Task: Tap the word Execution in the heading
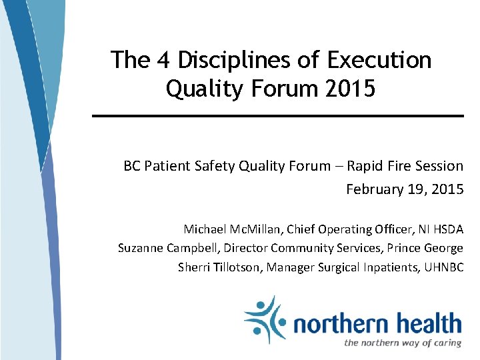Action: tap(379, 60)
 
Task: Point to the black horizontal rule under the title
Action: tap(277, 116)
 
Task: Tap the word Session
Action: tap(437, 166)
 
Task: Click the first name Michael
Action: tap(206, 229)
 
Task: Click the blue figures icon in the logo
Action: tap(264, 319)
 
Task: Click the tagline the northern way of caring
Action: tap(403, 343)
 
